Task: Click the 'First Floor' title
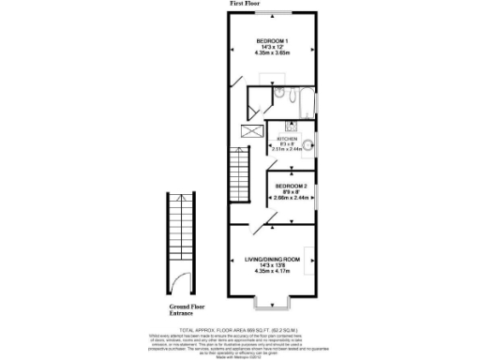[245, 5]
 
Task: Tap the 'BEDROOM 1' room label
[273, 39]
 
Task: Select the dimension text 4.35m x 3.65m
[273, 53]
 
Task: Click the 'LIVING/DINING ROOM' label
[273, 259]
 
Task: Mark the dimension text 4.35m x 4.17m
[273, 272]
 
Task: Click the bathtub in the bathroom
[299, 97]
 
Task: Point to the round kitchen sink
[307, 144]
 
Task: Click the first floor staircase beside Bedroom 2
[241, 177]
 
